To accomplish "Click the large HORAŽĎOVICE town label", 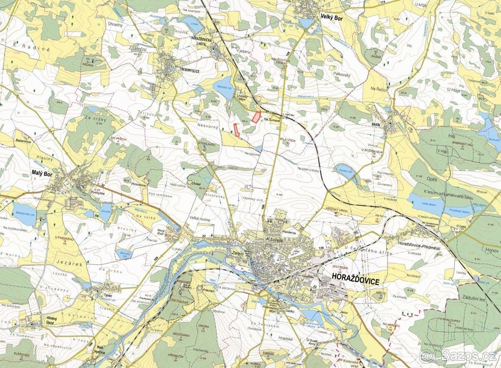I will click(x=355, y=282).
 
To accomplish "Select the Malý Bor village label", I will click(x=41, y=174).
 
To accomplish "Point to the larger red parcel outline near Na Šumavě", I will click(x=256, y=118).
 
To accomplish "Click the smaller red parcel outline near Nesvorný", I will click(x=236, y=130).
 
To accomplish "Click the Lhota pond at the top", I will click(x=193, y=25).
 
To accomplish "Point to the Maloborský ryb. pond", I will click(x=24, y=214).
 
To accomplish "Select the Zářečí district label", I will click(x=235, y=253).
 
